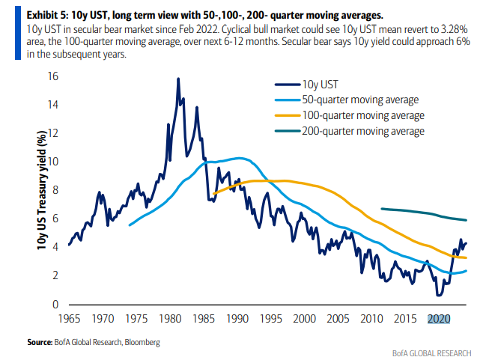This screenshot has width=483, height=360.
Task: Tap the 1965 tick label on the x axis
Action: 69,318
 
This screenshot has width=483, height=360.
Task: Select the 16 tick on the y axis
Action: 53,76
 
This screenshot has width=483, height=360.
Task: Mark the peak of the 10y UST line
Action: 178,79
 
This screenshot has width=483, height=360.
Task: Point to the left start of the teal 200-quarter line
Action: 382,209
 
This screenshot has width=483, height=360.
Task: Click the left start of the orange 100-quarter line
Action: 213,195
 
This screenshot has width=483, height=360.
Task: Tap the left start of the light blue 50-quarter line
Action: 130,225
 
